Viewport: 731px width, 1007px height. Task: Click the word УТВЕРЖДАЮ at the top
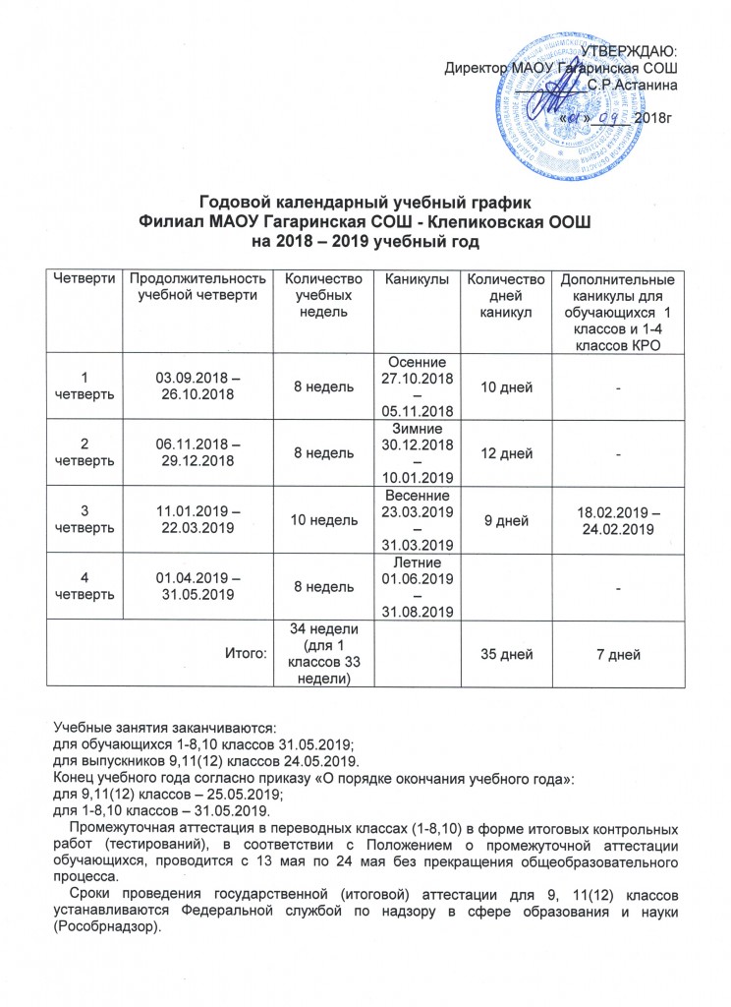pyautogui.click(x=633, y=51)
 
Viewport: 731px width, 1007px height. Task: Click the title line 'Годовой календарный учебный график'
pyautogui.click(x=365, y=203)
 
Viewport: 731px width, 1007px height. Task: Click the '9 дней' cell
pyautogui.click(x=505, y=518)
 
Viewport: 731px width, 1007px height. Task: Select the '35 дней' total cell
pyautogui.click(x=505, y=654)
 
